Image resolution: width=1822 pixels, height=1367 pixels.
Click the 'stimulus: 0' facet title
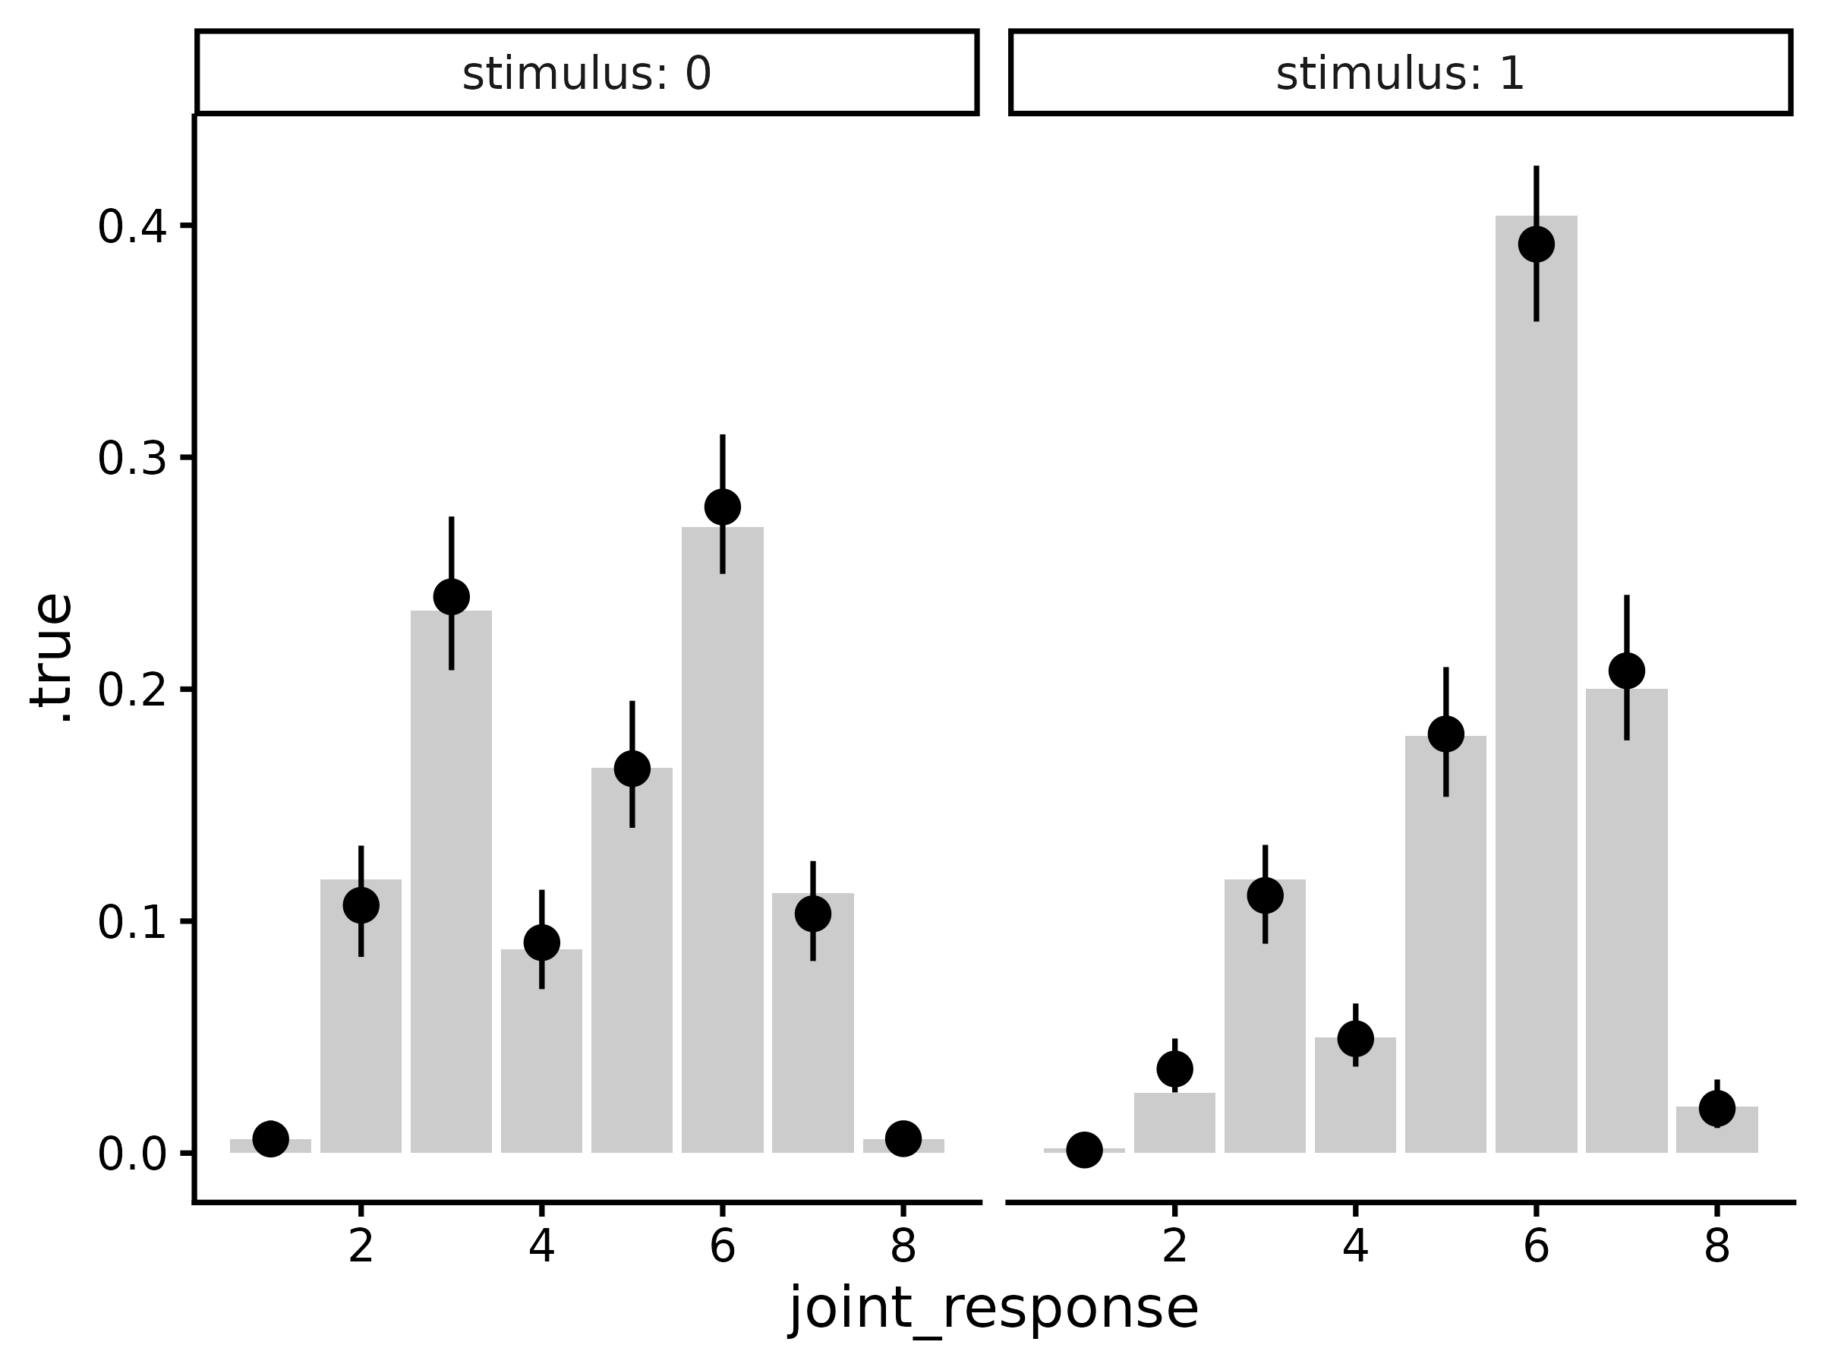pyautogui.click(x=587, y=74)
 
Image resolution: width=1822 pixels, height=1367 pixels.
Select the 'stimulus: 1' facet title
pyautogui.click(x=1400, y=74)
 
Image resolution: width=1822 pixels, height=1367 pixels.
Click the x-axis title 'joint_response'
pyautogui.click(x=993, y=1309)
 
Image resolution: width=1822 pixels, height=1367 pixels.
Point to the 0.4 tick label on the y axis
pyautogui.click(x=133, y=227)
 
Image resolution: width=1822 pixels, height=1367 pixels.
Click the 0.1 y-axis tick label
pyautogui.click(x=133, y=923)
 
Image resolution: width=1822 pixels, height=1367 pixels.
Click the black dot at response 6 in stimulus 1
pyautogui.click(x=1537, y=244)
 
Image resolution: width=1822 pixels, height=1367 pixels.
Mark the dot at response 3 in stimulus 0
pyautogui.click(x=452, y=597)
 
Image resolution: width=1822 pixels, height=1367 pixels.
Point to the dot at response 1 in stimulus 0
pyautogui.click(x=271, y=1138)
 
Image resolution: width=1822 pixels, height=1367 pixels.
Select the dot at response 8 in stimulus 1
pyautogui.click(x=1716, y=1108)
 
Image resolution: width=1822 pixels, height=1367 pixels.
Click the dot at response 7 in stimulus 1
pyautogui.click(x=1627, y=671)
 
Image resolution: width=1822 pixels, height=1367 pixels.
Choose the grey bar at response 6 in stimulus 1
pyautogui.click(x=1537, y=700)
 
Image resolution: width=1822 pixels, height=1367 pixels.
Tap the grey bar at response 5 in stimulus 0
pyautogui.click(x=632, y=972)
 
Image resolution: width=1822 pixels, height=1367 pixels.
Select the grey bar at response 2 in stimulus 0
pyautogui.click(x=361, y=1030)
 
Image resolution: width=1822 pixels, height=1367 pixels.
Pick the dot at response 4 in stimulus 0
pyautogui.click(x=541, y=942)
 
